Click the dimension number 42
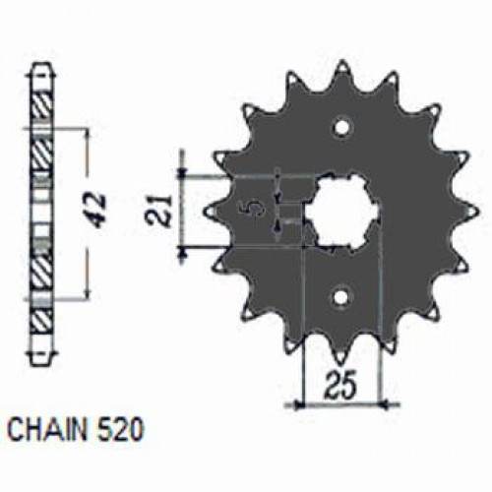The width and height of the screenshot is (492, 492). coord(100,209)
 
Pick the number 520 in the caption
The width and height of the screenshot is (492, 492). coord(123,429)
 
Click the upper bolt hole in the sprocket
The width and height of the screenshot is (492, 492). coord(340,126)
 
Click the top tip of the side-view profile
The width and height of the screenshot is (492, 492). coord(40,67)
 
